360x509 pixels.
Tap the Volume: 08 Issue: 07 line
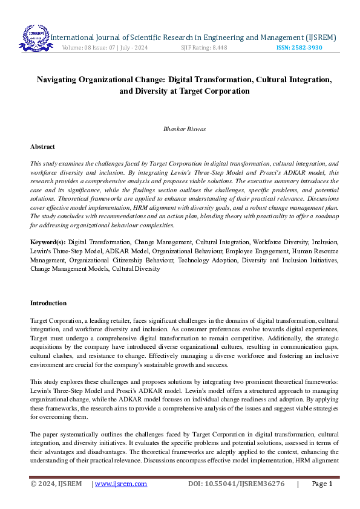(105, 48)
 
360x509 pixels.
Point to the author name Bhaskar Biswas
(180, 129)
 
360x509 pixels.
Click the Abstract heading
(42, 146)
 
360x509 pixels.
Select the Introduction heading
(48, 303)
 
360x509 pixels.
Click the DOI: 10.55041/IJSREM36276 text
(236, 484)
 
